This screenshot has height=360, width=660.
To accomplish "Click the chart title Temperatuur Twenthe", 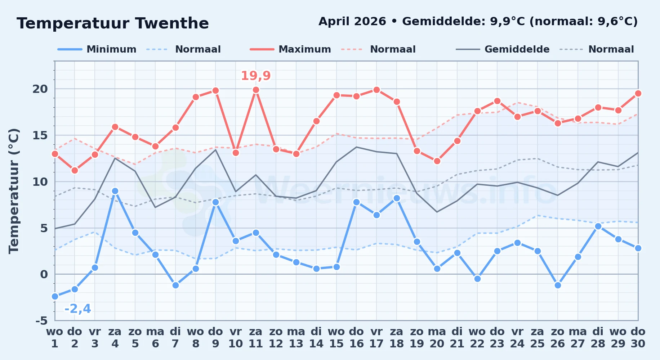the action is (x=113, y=23).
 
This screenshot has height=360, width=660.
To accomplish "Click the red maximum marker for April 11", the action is (x=256, y=90).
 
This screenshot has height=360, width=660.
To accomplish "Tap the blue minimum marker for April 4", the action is (x=115, y=191).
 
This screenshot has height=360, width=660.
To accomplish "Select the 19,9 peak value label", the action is (x=256, y=76).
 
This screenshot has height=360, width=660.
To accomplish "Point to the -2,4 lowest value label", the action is (x=77, y=309).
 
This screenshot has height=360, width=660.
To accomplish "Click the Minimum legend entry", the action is (x=97, y=49).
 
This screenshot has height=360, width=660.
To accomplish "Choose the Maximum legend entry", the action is (x=290, y=49).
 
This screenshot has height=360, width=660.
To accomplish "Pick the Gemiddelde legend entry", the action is (x=503, y=49).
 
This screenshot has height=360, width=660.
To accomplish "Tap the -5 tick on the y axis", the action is (x=41, y=320).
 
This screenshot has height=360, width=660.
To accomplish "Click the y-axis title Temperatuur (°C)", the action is (x=14, y=191).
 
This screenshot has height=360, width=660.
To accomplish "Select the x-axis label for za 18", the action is (x=397, y=338).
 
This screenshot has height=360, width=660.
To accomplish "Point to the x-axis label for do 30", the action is (x=638, y=338).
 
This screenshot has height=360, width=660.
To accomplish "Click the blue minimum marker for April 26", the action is (x=558, y=285).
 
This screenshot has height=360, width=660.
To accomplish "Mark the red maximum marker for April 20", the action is (x=437, y=161).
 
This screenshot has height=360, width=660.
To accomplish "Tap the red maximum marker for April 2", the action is (x=75, y=170).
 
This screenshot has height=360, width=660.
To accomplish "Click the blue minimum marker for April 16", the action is (x=356, y=202).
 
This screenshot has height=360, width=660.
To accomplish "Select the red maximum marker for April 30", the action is (x=638, y=93).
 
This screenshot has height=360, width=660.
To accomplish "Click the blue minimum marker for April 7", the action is (x=175, y=285).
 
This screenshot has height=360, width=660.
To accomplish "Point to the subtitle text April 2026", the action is (x=352, y=22).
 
